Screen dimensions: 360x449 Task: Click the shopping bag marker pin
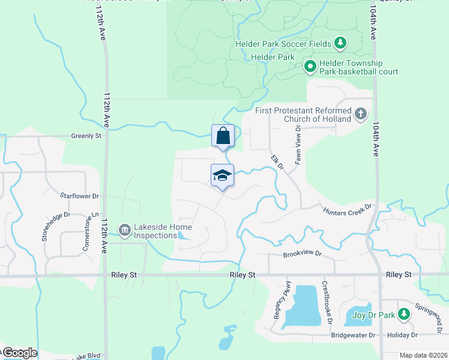223,137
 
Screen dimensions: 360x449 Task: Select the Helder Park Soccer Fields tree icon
340,43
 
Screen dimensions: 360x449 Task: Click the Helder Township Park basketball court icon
310,66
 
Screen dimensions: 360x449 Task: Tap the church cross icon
360,114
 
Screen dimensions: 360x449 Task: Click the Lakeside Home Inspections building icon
125,229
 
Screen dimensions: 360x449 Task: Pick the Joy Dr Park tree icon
404,313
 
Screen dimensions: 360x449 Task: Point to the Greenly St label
86,136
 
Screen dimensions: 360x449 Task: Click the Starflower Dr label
79,196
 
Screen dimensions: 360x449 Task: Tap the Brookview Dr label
303,254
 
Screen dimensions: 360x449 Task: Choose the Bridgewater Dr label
353,335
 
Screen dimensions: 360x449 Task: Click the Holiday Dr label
402,335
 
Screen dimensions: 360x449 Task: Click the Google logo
19,353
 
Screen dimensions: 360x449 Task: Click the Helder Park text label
273,57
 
